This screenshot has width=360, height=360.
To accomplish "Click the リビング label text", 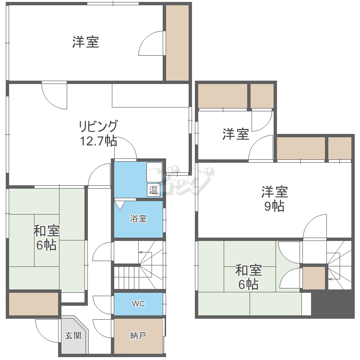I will (98, 127).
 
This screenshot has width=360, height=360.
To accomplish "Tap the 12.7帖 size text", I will (98, 141).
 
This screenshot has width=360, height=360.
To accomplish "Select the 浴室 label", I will (139, 219).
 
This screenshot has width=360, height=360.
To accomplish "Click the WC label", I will (138, 304).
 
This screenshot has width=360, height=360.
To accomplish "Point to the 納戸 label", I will (138, 336).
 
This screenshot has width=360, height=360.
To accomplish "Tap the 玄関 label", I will (73, 336).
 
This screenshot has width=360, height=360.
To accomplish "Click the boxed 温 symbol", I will (153, 190).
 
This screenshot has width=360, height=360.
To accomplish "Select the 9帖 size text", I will (275, 206).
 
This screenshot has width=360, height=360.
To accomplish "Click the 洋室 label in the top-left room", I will (86, 42).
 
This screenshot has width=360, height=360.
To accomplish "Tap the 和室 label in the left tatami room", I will (46, 231).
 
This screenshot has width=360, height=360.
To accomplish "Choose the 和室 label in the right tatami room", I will (248, 270).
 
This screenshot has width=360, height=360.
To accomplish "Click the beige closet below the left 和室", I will (34, 304).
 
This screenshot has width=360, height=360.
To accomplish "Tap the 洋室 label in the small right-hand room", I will (236, 134).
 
